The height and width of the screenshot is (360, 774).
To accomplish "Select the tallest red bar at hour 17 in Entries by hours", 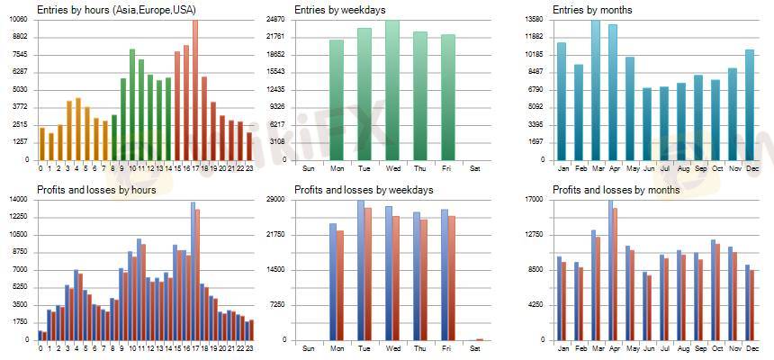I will (195, 90).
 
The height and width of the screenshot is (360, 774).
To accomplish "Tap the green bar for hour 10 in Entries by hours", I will (132, 104).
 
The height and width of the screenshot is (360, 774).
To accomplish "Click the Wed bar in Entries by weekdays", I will (392, 90).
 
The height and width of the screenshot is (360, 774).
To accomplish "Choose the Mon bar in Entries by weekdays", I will (337, 100).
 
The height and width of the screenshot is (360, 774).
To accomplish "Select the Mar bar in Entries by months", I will (596, 90).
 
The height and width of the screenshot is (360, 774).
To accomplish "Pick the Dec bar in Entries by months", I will (750, 104).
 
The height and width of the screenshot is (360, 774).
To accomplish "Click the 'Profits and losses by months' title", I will (616, 190).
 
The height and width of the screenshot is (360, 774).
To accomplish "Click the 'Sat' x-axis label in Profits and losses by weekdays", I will (474, 348).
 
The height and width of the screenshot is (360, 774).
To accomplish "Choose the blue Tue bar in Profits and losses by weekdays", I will (361, 270).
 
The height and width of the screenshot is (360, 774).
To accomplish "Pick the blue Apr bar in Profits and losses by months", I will (610, 270).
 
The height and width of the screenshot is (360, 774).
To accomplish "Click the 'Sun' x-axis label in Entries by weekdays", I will (309, 168).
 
